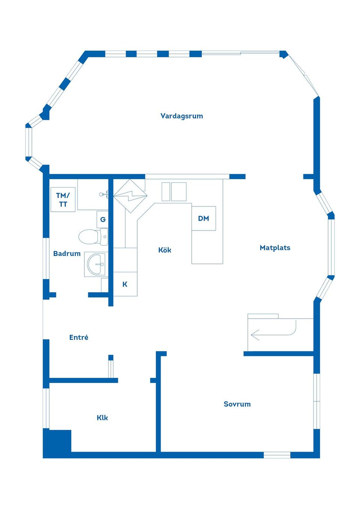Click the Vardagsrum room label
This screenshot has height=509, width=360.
(x=181, y=116)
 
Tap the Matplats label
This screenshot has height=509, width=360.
(x=275, y=248)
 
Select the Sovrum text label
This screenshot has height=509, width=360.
(x=237, y=404)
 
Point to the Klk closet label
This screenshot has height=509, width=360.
(x=102, y=418)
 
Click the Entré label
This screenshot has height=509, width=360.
(x=79, y=337)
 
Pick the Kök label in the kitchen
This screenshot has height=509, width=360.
(x=165, y=250)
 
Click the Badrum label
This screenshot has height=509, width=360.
(x=67, y=254)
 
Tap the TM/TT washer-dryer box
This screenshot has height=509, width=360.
(x=63, y=200)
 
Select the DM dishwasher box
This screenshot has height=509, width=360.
(x=204, y=219)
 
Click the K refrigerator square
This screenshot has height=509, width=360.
(x=125, y=284)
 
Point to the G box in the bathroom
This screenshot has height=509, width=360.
(x=103, y=220)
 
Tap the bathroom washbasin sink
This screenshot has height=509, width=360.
(x=96, y=264)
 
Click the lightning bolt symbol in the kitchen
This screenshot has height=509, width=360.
(x=130, y=196)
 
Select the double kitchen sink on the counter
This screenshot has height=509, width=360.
(x=174, y=192)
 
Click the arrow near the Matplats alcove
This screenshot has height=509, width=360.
(x=256, y=334)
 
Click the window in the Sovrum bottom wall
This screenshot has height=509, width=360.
(x=277, y=455)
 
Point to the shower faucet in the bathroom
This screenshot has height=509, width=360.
(x=103, y=195)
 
